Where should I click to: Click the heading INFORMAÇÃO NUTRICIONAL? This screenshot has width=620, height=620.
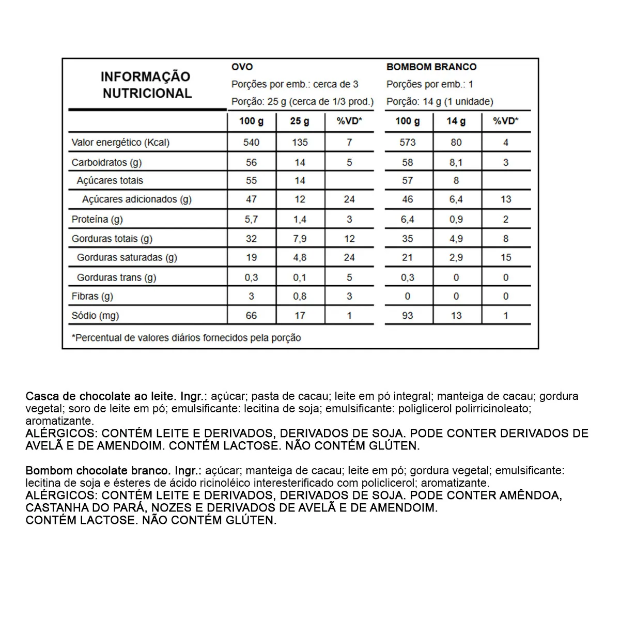coord(146,85)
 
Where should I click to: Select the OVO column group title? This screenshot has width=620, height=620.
coord(242,67)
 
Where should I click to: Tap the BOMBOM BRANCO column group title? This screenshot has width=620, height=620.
coord(431,67)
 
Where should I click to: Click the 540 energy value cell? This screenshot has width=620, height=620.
coord(251,142)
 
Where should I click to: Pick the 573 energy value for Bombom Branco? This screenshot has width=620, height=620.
coord(407,142)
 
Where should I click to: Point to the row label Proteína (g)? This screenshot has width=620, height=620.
coord(97,219)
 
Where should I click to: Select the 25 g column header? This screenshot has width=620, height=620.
coord(300,121)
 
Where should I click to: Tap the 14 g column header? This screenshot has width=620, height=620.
coord(456,121)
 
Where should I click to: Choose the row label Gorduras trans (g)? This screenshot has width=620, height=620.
coord(116,277)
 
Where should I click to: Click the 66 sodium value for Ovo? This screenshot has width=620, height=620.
coord(251,315)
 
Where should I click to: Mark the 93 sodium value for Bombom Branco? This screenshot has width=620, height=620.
coord(407,315)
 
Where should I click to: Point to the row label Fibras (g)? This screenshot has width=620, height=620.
coord(92,296)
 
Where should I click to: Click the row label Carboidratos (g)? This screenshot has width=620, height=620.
coord(106,162)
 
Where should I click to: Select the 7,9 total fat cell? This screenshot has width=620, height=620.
coord(300,239)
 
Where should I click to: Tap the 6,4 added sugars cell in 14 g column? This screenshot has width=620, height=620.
coord(456,199)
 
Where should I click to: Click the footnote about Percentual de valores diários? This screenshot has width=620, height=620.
coord(187,338)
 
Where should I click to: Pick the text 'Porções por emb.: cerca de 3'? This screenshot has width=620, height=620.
coord(295,84)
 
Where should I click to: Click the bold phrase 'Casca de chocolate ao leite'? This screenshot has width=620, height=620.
coord(100,396)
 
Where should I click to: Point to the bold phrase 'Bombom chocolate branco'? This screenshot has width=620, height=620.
coord(97,471)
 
